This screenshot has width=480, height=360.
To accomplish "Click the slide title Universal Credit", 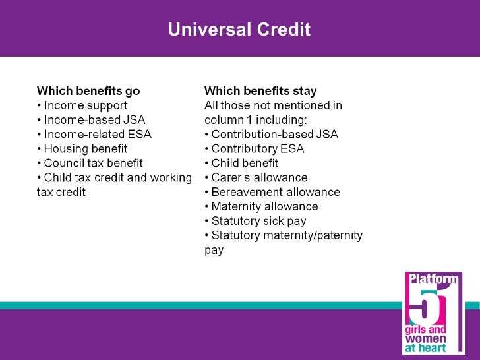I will pos(239,30).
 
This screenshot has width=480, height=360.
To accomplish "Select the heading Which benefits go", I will pos(88,91).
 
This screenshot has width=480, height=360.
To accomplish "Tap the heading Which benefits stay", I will pos(260,91).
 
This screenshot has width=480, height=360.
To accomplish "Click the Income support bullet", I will pos(82,105).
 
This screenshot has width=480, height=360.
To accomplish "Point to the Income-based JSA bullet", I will pos(91,120).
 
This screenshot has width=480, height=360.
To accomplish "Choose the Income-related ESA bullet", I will pos(94,135).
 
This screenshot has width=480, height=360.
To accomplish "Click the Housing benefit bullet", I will pos(82,149).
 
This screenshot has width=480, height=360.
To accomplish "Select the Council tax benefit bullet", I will pos(90,164).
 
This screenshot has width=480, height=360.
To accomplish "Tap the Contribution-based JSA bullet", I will pos(271,135).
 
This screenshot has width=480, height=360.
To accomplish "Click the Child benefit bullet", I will pos(241,164).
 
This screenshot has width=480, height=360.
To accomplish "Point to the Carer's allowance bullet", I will pos(256,178).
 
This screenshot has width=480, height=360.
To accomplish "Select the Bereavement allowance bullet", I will pos(272,193).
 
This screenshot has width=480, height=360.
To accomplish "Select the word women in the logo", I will pos(425,338).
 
